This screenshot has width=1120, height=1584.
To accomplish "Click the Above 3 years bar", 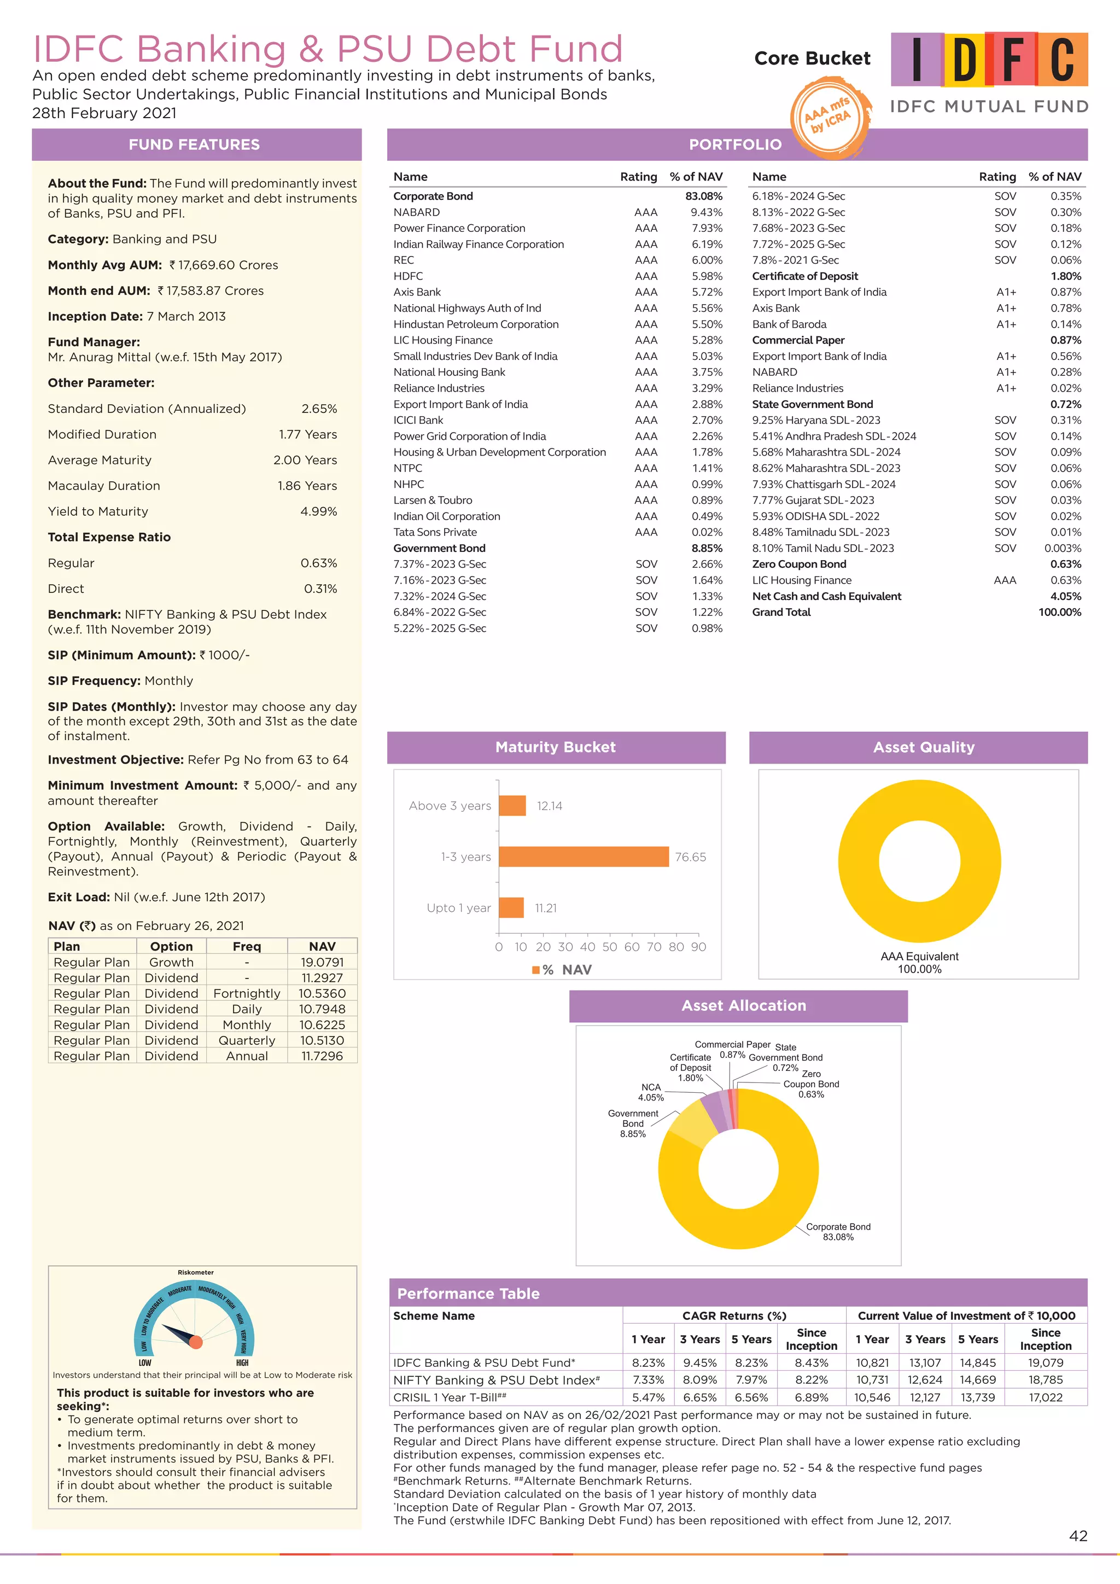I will pyautogui.click(x=512, y=805).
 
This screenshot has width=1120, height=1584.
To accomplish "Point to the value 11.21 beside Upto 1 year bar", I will pyautogui.click(x=546, y=908).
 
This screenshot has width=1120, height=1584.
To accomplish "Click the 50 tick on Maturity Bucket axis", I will pyautogui.click(x=610, y=947).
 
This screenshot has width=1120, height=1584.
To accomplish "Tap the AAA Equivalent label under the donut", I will pyautogui.click(x=919, y=956).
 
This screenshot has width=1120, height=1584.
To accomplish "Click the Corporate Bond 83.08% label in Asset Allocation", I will pyautogui.click(x=838, y=1231).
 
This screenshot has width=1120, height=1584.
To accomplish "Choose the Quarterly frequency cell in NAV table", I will pyautogui.click(x=247, y=1040).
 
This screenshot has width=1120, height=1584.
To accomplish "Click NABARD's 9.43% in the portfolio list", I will pyautogui.click(x=707, y=212).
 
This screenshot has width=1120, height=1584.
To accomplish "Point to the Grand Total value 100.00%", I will pyautogui.click(x=1059, y=612).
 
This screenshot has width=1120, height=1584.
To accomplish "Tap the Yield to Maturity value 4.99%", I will pyautogui.click(x=319, y=511).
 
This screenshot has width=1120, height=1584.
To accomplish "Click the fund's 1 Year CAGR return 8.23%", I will pyautogui.click(x=648, y=1362).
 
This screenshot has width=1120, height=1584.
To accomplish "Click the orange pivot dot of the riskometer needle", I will pyautogui.click(x=196, y=1342).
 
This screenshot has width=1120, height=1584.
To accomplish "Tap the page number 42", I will pyautogui.click(x=1078, y=1536).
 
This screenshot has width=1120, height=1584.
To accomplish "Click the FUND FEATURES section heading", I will pyautogui.click(x=195, y=144).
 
